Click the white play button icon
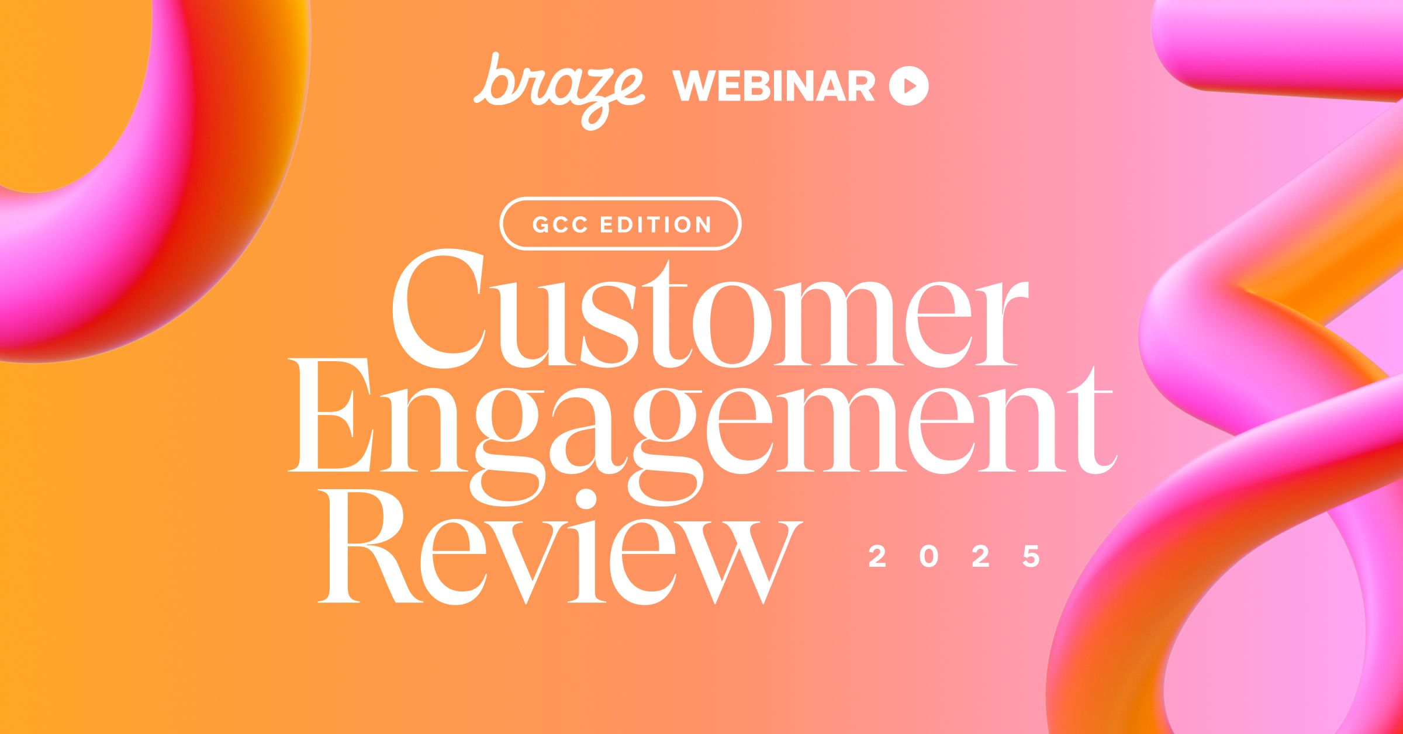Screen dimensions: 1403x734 pos(908,86)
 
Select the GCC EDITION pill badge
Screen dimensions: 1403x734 pos(620,224)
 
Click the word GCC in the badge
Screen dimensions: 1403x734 pos(559,224)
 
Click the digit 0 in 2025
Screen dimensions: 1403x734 pos(929,556)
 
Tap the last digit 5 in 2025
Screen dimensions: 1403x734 pos(1031,556)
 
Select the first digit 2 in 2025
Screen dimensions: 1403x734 pos(877,556)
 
